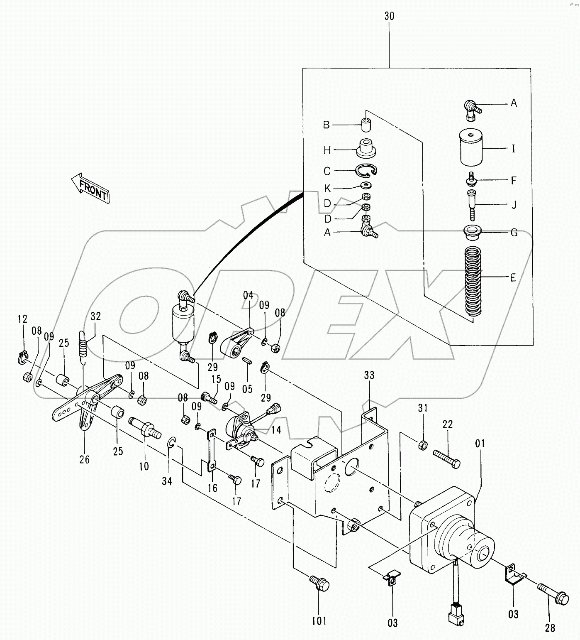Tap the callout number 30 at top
click(389, 16)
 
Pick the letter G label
click(514, 233)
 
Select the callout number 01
click(480, 444)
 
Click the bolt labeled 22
click(447, 459)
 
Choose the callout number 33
click(369, 375)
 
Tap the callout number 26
click(84, 459)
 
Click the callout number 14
click(276, 430)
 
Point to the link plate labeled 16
click(211, 451)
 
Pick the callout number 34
click(167, 481)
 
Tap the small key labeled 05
click(247, 360)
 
